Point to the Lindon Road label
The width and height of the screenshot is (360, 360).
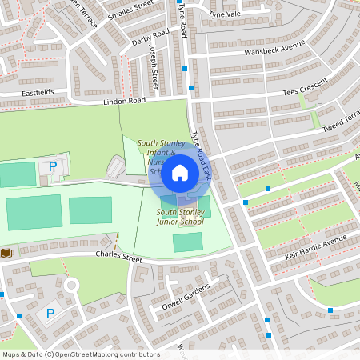[x=124, y=102]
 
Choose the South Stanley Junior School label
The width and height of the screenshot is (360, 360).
[x=180, y=216]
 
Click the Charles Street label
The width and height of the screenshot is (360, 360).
[x=118, y=258]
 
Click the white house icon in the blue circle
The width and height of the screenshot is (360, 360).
[x=181, y=172]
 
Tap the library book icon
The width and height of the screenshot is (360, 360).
[x=7, y=253]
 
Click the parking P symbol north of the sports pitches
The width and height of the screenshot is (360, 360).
[x=53, y=166]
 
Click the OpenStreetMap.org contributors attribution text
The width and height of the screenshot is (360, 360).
[x=105, y=354]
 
